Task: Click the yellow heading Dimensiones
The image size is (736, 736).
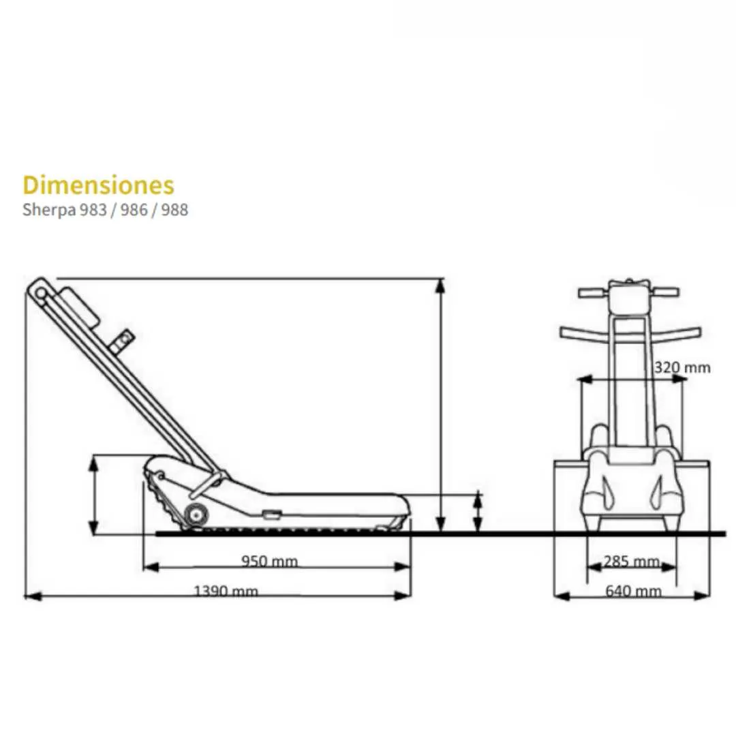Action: pos(98,185)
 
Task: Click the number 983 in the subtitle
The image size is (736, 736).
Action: pos(93,209)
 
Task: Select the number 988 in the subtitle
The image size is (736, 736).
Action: pos(174,209)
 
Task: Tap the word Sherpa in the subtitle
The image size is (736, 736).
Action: pos(49,210)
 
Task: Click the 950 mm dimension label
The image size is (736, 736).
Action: pos(269,561)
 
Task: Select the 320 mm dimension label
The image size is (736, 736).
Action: pos(682,367)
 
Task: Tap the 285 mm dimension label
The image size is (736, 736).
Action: pos(631,561)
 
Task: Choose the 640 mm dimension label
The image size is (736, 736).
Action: pos(633,590)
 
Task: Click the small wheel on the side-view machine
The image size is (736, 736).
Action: pos(196,515)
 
